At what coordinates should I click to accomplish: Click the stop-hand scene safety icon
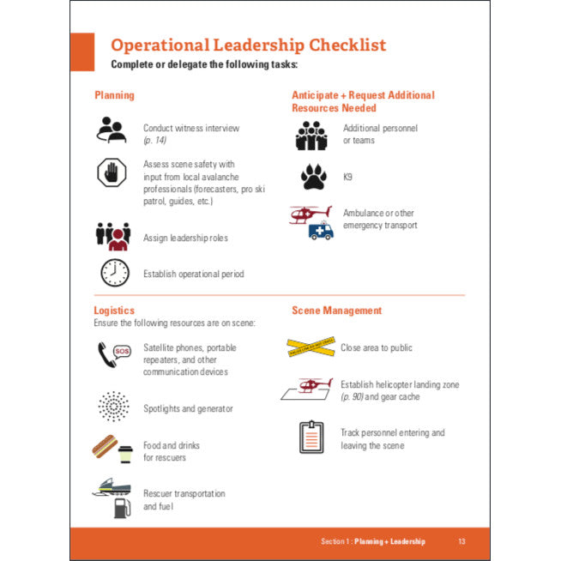point(112,174)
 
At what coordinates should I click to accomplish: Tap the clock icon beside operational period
point(114,273)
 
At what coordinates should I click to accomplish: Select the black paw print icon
point(313,177)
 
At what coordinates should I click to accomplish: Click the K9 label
point(348,178)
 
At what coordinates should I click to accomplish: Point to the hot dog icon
point(104,448)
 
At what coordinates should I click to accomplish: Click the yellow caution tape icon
point(310,347)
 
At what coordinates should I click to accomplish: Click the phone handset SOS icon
point(112,355)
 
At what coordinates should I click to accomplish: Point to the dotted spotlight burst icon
point(112,407)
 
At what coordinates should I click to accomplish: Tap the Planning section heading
point(114,95)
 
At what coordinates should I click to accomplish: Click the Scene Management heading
point(336,311)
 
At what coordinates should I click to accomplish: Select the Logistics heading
point(114,311)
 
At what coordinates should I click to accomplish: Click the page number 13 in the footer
point(461,541)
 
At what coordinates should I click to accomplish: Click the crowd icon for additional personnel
point(312,135)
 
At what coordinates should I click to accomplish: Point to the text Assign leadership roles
point(185,238)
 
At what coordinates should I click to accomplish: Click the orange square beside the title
point(82,51)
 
